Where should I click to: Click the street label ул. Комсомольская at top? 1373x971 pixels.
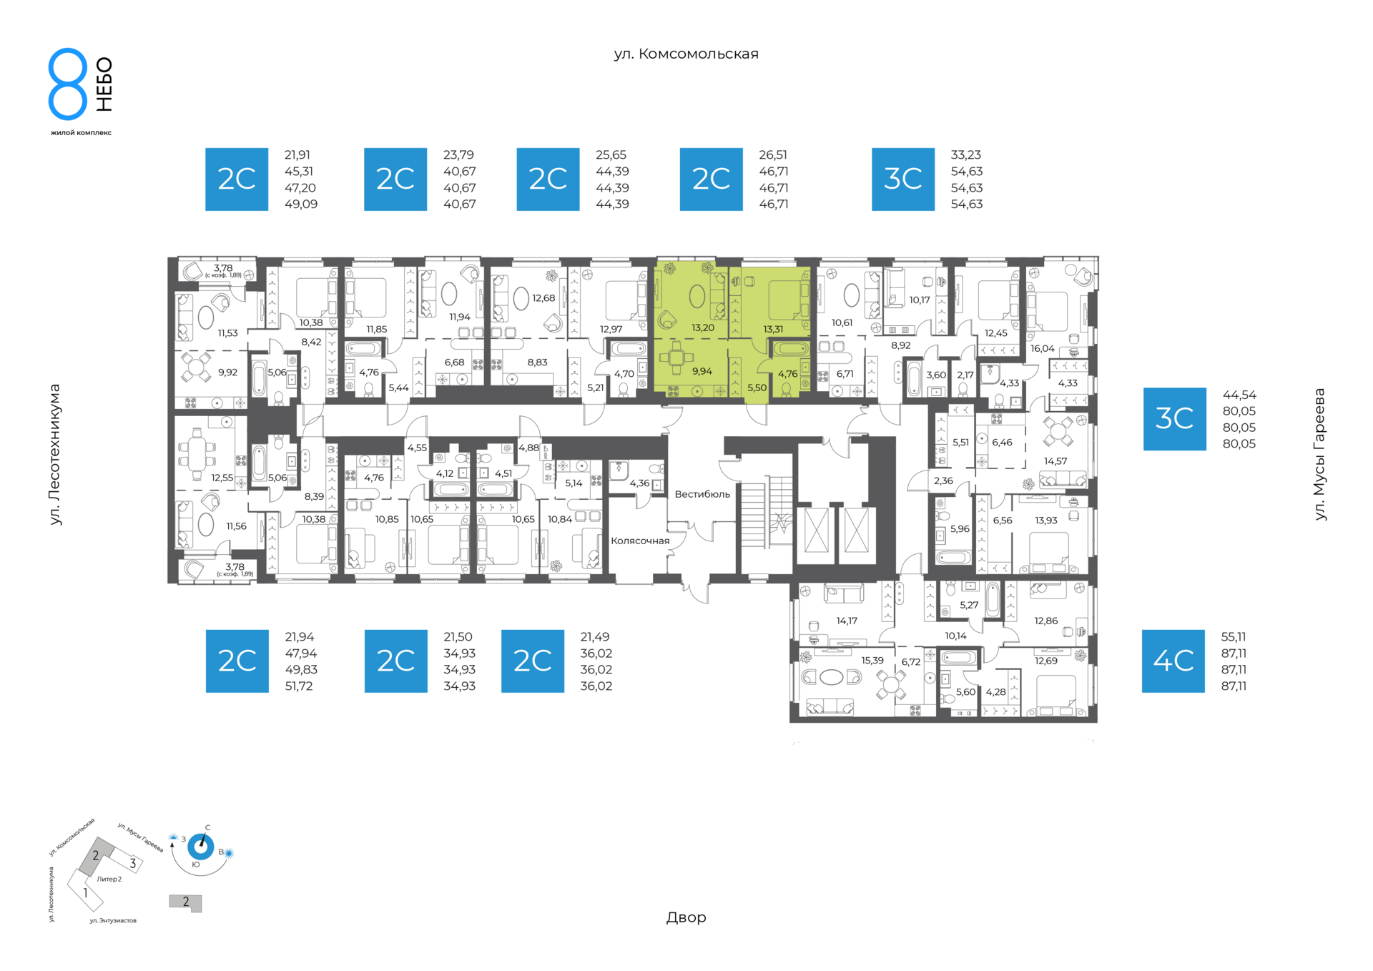[686, 54]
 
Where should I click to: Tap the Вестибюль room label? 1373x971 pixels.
[702, 494]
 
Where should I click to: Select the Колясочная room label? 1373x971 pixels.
[640, 541]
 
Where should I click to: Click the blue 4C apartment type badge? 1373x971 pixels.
[1173, 661]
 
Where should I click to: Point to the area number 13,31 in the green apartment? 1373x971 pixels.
[773, 330]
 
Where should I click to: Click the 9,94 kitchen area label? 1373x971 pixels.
[702, 371]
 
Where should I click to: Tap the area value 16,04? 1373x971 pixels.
[1043, 349]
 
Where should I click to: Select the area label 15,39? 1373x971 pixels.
[872, 661]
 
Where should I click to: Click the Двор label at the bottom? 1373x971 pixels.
[686, 917]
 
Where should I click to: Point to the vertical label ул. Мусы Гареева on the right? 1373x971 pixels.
[1319, 454]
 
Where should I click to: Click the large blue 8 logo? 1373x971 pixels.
[68, 84]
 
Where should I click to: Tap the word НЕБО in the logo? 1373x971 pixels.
[104, 84]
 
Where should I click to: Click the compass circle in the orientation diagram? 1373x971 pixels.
[200, 847]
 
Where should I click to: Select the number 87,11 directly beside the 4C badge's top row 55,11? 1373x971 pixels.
[1234, 654]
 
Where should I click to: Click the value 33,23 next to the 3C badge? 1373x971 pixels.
[965, 155]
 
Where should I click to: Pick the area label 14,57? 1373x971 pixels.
[1055, 461]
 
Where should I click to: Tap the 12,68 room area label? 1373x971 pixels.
[543, 298]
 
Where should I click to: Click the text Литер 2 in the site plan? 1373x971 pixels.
[109, 879]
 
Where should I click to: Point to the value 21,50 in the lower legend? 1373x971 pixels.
[458, 637]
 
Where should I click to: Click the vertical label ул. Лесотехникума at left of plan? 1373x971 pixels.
[55, 455]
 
